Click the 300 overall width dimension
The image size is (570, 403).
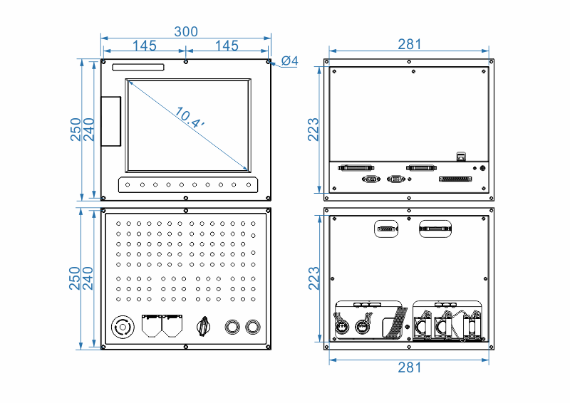(x=186, y=31)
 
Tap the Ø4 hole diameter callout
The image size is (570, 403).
(x=289, y=61)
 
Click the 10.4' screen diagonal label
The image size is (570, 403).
(x=189, y=117)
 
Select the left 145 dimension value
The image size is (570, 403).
(x=144, y=46)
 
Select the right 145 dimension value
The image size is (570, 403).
(x=227, y=46)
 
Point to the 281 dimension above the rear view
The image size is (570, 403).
(x=410, y=44)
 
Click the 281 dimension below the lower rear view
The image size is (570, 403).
(x=410, y=367)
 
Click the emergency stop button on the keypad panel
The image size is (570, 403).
(x=123, y=328)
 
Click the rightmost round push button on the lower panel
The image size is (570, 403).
(x=252, y=327)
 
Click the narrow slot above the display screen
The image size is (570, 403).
(x=138, y=68)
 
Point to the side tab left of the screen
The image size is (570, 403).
(x=111, y=121)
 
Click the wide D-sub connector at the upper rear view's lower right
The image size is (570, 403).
(x=455, y=179)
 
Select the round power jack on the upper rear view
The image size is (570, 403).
(x=484, y=169)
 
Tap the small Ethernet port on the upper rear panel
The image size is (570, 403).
(x=461, y=155)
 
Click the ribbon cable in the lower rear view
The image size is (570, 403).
(x=394, y=322)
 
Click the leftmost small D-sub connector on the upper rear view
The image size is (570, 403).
(x=370, y=179)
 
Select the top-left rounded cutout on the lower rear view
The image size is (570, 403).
(x=385, y=229)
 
